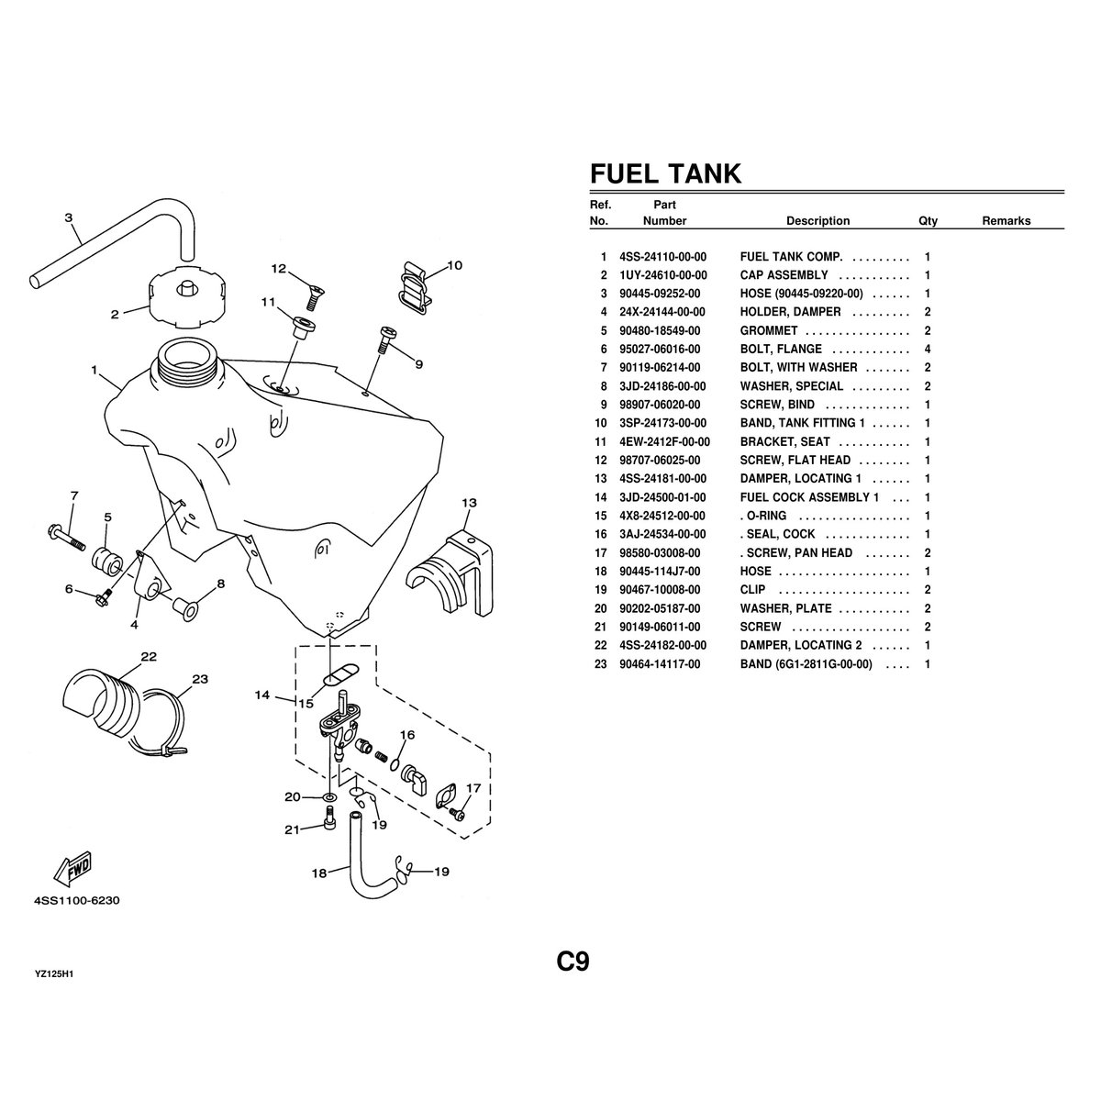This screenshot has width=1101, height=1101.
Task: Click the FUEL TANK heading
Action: pos(665,173)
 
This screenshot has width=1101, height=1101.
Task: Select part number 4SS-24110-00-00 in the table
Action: pos(662,257)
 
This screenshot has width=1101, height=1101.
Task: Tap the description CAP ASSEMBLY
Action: pos(784,275)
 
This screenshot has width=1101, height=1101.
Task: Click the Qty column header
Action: pos(928,221)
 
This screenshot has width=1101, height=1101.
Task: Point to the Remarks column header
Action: pos(1006,221)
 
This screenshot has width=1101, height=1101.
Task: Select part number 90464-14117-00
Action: pos(659,663)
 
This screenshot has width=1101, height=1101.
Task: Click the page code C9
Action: pos(573,962)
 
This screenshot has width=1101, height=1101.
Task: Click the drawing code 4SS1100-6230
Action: pos(77,900)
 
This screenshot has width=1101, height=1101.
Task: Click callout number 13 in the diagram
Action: pos(469,503)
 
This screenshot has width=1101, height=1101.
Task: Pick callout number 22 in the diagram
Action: pos(148,656)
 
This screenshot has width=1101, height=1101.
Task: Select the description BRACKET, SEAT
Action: pos(784,441)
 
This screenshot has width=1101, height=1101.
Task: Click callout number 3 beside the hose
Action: pos(69,217)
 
